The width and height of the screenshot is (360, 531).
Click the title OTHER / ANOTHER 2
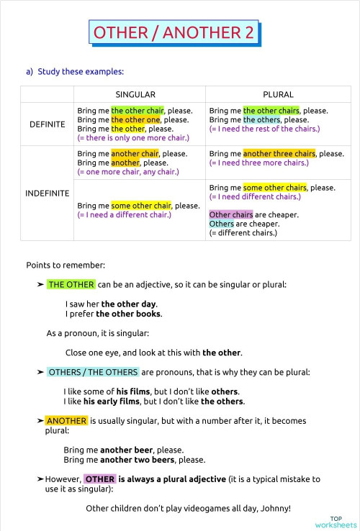pyautogui.click(x=174, y=33)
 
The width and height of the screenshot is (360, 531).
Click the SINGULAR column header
pyautogui.click(x=135, y=94)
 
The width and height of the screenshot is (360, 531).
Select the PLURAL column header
pyautogui.click(x=278, y=94)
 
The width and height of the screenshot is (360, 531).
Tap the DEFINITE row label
pyautogui.click(x=47, y=124)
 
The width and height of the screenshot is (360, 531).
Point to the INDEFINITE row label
pyautogui.click(x=47, y=193)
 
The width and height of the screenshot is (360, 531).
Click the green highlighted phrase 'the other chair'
pyautogui.click(x=137, y=111)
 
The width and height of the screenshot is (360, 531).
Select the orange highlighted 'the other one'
pyautogui.click(x=135, y=119)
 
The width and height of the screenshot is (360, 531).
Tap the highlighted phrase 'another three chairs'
pyautogui.click(x=279, y=154)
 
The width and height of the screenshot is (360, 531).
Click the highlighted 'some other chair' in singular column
pyautogui.click(x=140, y=206)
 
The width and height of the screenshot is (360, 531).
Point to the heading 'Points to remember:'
pyautogui.click(x=55, y=265)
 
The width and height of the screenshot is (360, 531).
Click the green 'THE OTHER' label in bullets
pyautogui.click(x=71, y=284)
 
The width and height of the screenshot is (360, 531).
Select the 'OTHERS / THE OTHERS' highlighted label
pyautogui.click(x=93, y=372)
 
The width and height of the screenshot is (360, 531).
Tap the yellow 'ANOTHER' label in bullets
pyautogui.click(x=66, y=421)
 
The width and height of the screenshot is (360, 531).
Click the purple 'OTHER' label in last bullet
pyautogui.click(x=99, y=478)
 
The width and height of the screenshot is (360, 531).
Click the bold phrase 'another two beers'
pyautogui.click(x=137, y=460)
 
